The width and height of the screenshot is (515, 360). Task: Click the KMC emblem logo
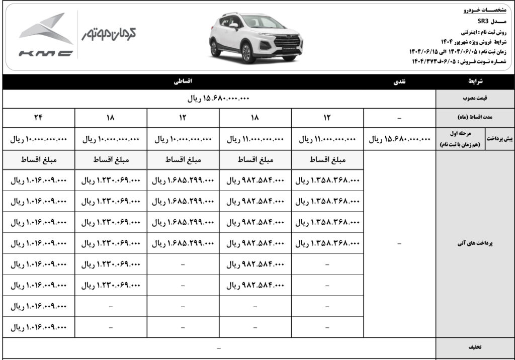click(x=46, y=35)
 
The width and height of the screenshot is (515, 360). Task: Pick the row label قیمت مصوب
click(x=475, y=99)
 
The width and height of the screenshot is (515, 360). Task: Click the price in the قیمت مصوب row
click(x=218, y=99)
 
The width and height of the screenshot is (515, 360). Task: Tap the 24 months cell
click(x=39, y=118)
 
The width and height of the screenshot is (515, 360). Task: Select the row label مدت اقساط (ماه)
click(x=475, y=118)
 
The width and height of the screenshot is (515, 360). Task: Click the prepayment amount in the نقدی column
click(x=400, y=139)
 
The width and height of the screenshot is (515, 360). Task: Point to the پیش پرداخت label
click(x=500, y=139)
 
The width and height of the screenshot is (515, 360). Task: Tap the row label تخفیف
click(x=475, y=347)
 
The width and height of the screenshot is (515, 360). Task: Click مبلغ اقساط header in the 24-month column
click(x=39, y=160)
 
